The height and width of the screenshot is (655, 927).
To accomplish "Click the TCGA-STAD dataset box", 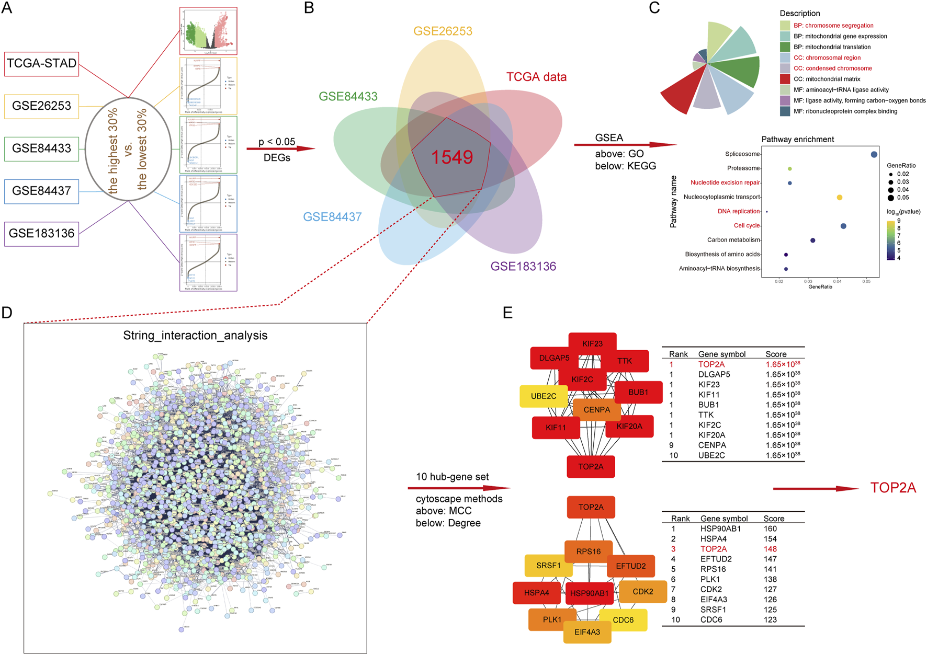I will coord(42,64).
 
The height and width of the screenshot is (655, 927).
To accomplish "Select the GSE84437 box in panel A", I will coord(42,191).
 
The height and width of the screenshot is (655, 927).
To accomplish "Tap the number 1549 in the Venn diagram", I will coord(452,157).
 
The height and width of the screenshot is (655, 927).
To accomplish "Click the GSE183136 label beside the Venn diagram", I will coord(523,266).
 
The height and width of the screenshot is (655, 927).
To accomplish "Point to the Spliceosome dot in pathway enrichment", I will coord(874,154).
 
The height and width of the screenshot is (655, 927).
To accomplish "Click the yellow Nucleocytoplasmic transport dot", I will coord(839,198).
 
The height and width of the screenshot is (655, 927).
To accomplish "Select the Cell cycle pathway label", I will coord(747,226).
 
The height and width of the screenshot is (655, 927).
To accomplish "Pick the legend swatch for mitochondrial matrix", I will coord(785,79).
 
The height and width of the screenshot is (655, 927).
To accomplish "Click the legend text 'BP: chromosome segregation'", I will coord(833,26).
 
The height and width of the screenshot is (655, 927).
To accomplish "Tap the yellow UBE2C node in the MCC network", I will coord(544,396).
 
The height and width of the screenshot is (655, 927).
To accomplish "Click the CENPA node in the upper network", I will coord(596,410).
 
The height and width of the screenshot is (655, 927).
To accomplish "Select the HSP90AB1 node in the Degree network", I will coord(590,593).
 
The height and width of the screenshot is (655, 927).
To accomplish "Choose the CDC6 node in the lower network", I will coord(623,620).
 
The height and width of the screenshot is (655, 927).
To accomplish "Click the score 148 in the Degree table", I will coord(770,549).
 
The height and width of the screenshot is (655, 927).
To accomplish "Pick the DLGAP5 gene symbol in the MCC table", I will coord(714,374).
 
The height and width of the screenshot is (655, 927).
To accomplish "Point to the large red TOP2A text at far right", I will coord(893,488).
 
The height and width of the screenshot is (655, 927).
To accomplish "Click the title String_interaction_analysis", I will coord(195,336).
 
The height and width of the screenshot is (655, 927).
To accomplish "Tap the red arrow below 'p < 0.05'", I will coord(280,149).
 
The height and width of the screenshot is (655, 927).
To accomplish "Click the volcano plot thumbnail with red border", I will coord(208,31).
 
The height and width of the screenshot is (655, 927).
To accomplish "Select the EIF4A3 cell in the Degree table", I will coord(714,600).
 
